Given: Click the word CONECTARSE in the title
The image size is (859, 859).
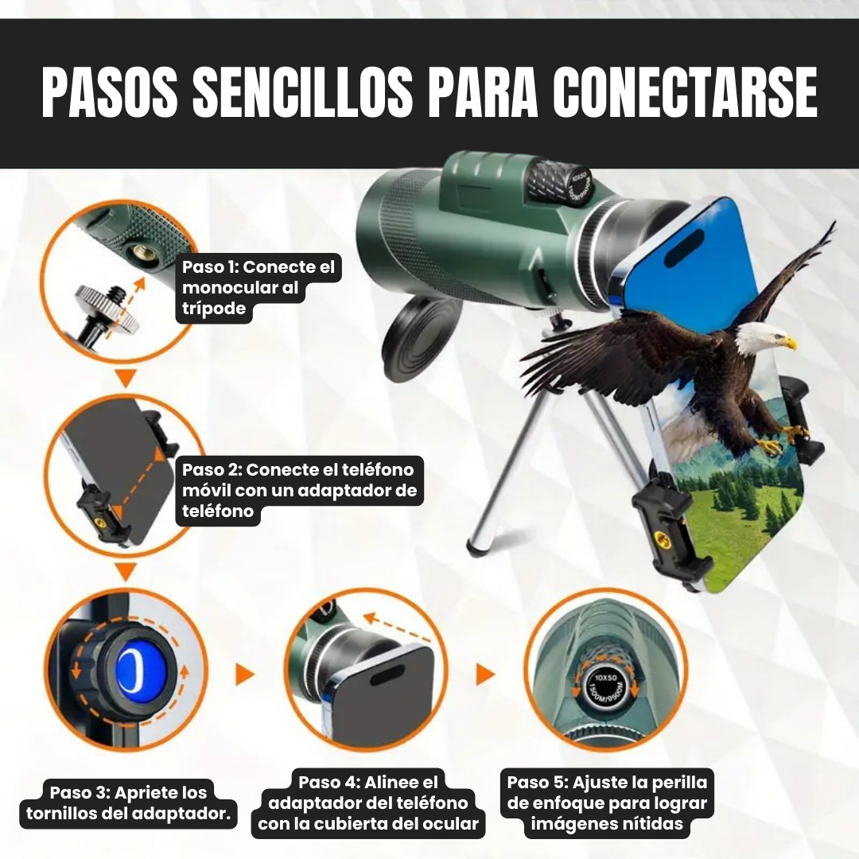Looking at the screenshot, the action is [x=685, y=92].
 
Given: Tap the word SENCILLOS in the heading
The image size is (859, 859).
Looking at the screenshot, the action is [x=303, y=92].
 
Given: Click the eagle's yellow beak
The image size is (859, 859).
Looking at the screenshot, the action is [x=790, y=343].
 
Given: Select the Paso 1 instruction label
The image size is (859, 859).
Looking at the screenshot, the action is [x=258, y=288].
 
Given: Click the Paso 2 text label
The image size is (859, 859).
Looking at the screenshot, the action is [x=299, y=490].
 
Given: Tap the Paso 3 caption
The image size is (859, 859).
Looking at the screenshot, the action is [x=128, y=803].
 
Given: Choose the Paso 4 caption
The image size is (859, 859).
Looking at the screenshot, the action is [x=368, y=803].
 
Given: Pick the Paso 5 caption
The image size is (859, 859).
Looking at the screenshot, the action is [x=607, y=803].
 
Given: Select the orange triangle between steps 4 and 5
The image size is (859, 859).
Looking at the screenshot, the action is [x=484, y=674].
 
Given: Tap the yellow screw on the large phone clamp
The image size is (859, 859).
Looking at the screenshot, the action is [x=664, y=542].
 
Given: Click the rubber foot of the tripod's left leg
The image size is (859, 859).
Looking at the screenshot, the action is [x=476, y=546].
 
